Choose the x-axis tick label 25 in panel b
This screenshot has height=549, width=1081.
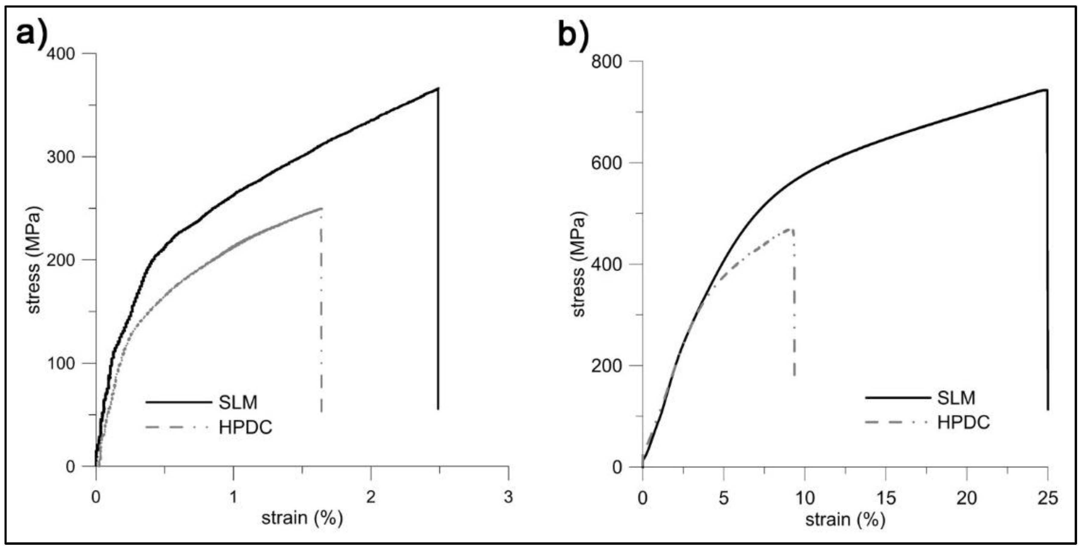(x=1048, y=499)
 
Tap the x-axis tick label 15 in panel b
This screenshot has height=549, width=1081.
(x=885, y=499)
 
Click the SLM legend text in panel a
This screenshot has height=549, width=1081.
(x=238, y=402)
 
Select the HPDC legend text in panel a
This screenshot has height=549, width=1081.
(x=245, y=427)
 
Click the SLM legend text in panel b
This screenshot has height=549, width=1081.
(x=956, y=397)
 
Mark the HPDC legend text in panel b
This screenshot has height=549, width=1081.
(x=963, y=422)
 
